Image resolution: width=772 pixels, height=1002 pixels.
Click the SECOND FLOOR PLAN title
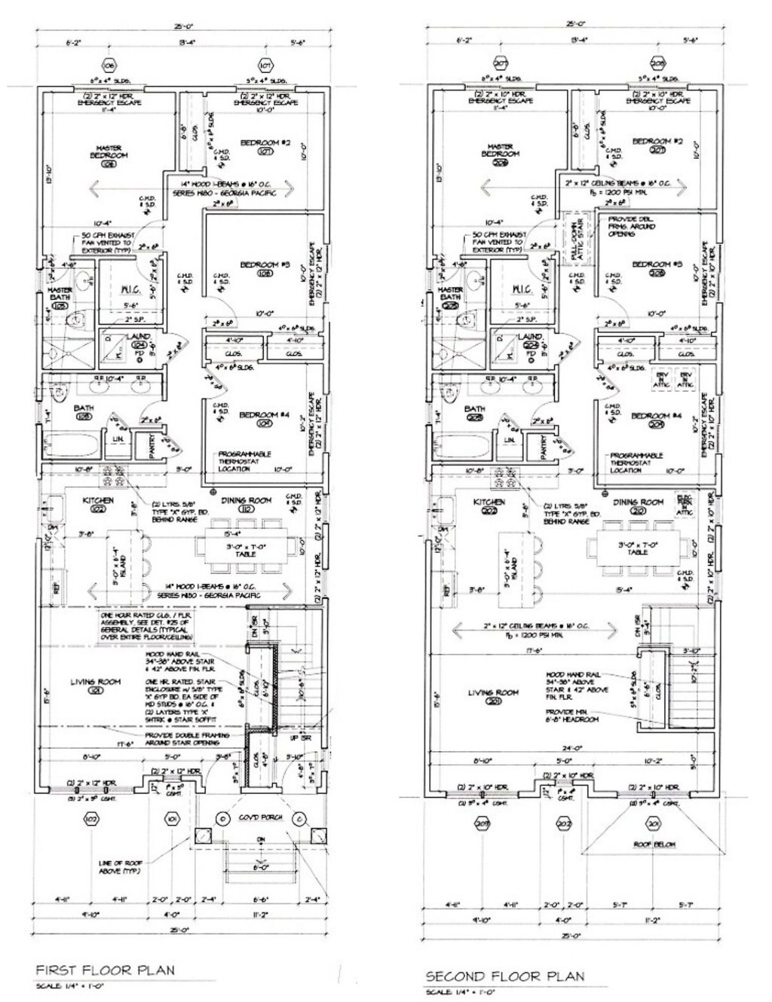(x=504, y=976)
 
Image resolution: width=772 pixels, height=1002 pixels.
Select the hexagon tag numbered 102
(x=91, y=820)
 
